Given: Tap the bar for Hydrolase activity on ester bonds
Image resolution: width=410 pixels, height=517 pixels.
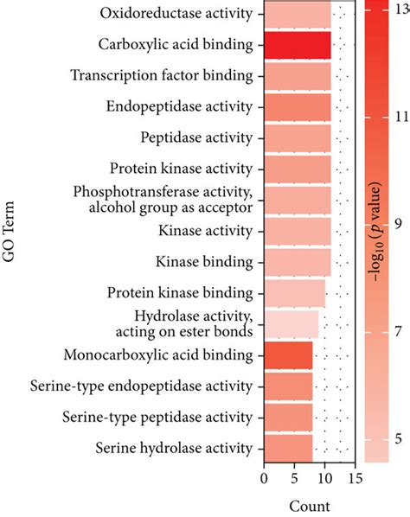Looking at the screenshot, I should point(291,323).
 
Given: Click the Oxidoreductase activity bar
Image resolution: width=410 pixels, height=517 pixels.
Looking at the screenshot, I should point(297,14).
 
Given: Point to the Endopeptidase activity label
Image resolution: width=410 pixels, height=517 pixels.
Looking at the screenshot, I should point(179,107).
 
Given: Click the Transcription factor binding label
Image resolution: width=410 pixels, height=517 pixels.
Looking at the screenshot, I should point(162,75).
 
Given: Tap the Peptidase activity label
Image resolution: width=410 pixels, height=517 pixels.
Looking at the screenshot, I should point(196,137).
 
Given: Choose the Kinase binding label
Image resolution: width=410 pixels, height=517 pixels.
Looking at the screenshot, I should point(203,261).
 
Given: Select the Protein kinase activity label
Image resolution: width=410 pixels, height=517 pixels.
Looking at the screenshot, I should point(182,169).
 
